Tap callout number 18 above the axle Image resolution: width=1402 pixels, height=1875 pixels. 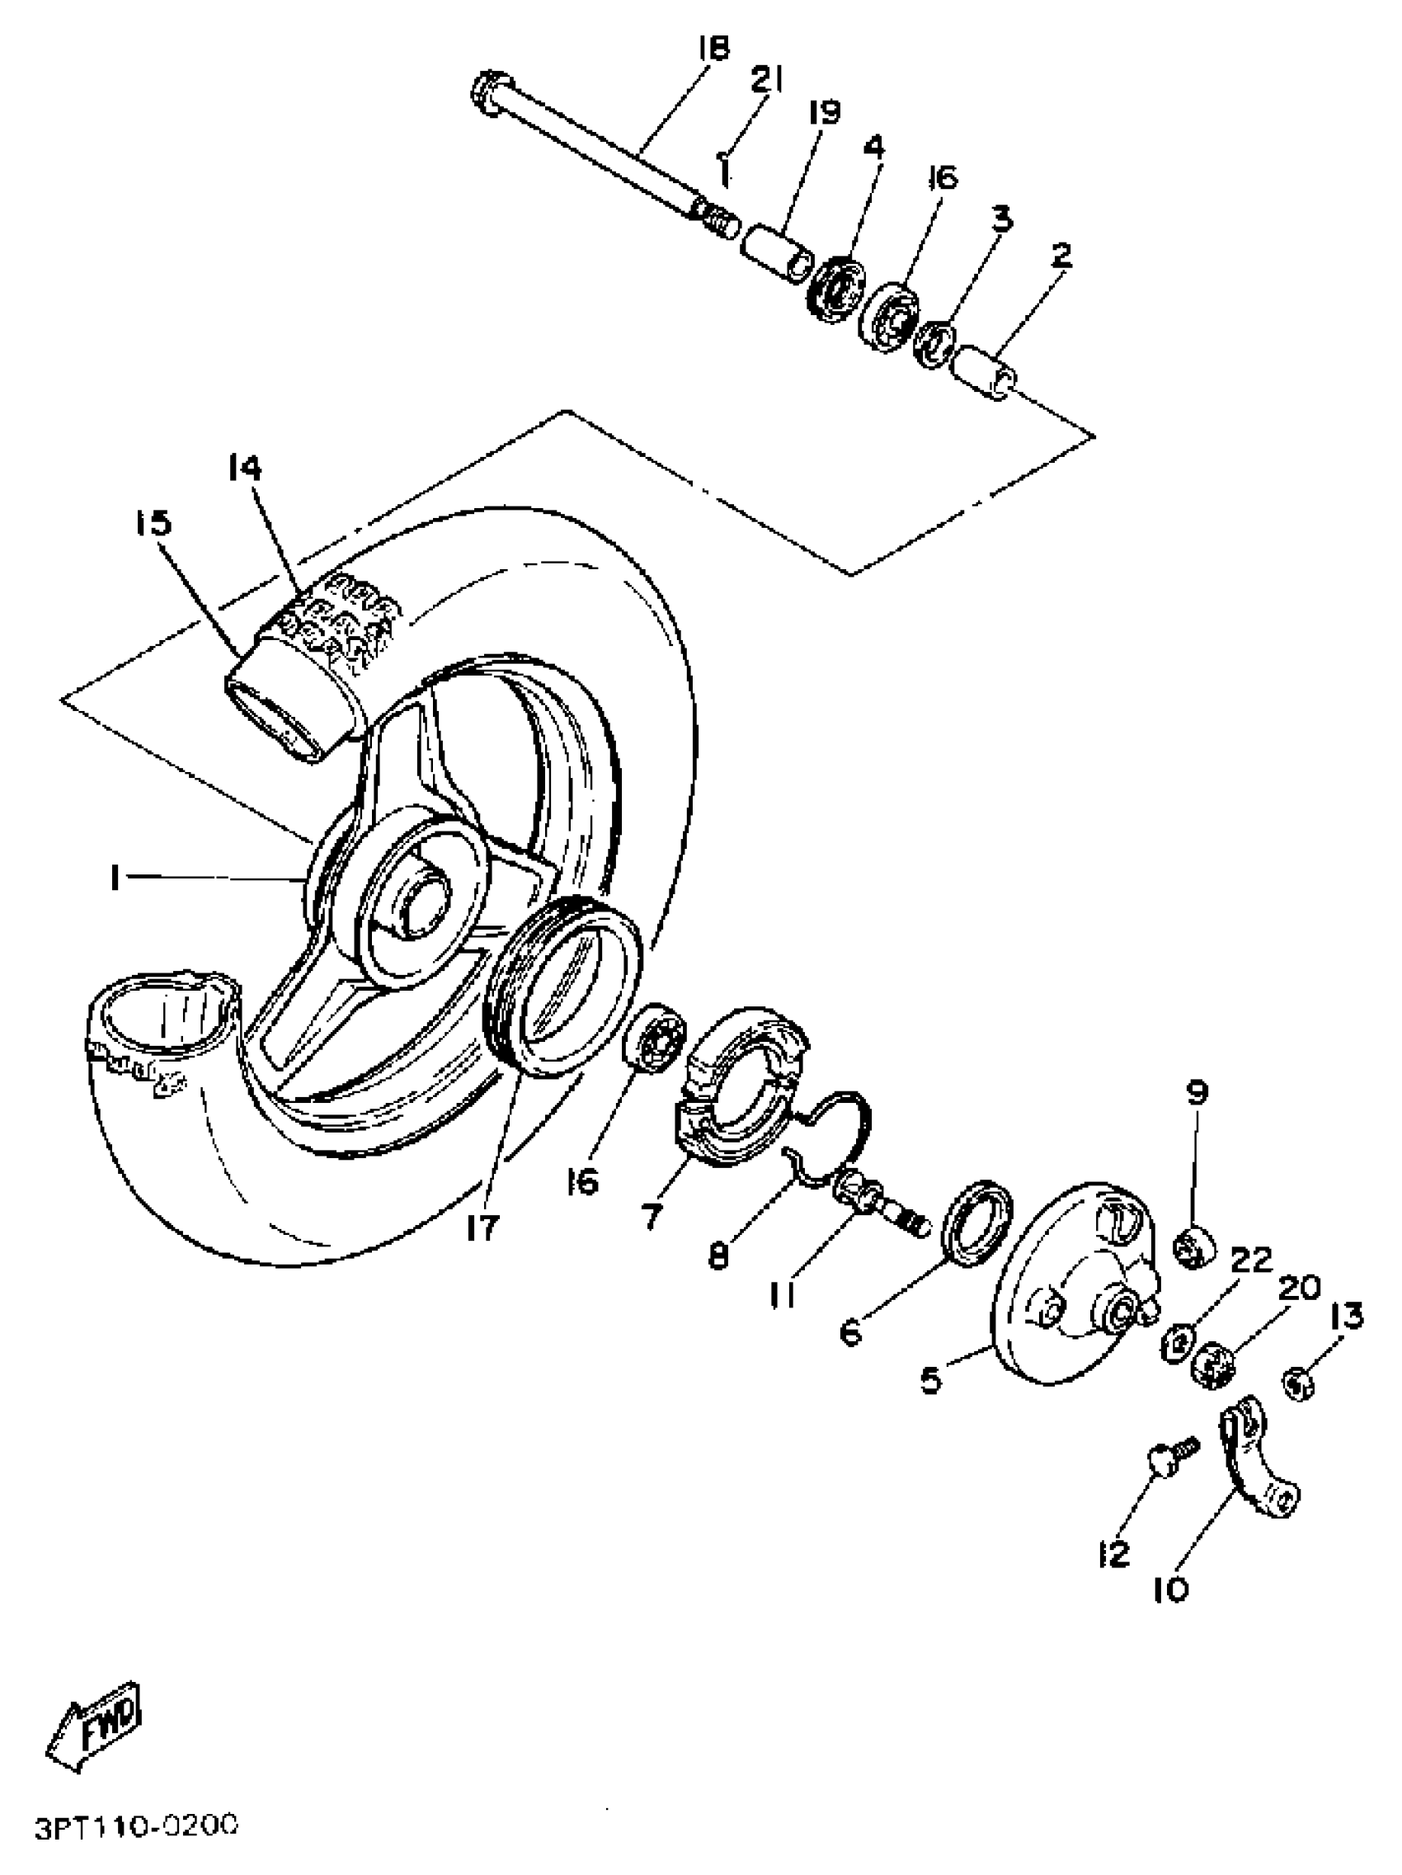[713, 49]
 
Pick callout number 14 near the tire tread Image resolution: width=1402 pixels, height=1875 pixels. [244, 469]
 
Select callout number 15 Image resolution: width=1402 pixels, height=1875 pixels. [153, 523]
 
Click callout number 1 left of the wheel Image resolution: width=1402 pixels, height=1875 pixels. [114, 879]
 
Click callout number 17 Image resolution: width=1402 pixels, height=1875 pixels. [481, 1227]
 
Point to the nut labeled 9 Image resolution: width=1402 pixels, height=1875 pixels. [1194, 1247]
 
